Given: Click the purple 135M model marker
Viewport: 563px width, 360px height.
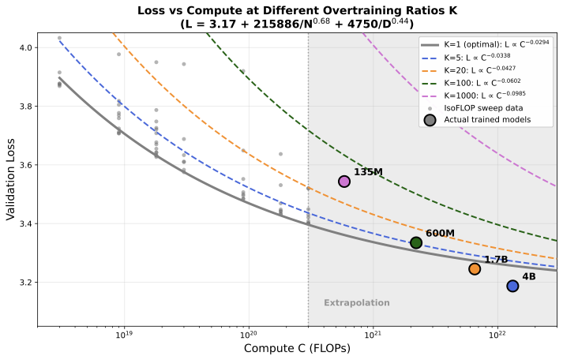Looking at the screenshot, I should pos(344,182).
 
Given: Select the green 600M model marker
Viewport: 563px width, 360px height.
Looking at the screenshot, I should pos(416,242).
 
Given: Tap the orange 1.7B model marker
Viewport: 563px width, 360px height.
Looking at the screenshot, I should pos(475,268).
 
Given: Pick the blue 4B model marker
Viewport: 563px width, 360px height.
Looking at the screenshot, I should pos(512,286).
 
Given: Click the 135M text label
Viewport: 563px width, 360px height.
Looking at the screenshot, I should pos(369,172).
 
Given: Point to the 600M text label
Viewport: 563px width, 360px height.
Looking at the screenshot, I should pos(440,233).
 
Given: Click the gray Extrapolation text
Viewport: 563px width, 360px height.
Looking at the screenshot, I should pos(357,302).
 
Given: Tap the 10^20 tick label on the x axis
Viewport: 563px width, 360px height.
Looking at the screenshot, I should pos(249,336).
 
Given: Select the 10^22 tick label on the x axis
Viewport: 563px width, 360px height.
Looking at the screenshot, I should pos(497,336).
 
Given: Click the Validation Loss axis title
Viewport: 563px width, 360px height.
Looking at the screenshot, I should pos(10,180).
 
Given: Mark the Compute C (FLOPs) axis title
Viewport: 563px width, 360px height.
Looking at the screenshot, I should pos(297,349).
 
